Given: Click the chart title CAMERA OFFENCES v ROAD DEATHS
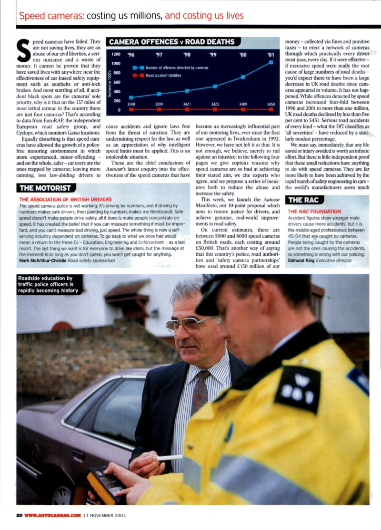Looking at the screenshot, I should point(171,42).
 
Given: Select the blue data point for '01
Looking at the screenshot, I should point(271,62).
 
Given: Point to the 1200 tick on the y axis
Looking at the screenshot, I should point(116,55).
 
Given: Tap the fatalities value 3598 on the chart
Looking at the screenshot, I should point(131,104).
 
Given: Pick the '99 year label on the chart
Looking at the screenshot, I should point(213,55).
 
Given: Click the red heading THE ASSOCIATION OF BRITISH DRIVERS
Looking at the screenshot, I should point(65,199).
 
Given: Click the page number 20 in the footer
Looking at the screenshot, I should point(19,515).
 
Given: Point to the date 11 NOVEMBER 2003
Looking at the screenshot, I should point(104,515).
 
